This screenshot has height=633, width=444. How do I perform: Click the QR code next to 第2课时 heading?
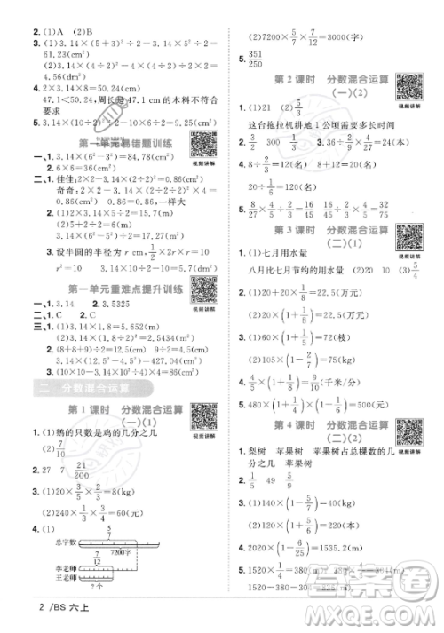tap(408, 88)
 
